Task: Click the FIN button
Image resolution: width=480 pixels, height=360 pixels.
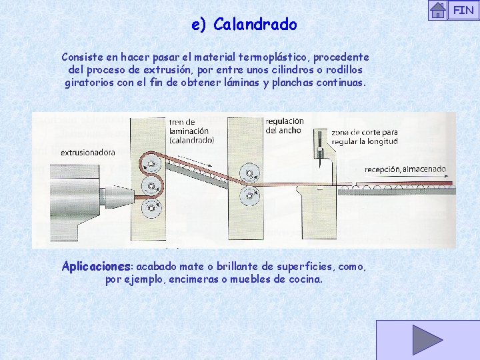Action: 463,10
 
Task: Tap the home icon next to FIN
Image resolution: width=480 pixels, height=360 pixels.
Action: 437,10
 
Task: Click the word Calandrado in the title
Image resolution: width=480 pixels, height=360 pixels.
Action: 255,25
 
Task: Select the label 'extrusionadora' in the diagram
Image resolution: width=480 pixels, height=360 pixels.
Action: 87,153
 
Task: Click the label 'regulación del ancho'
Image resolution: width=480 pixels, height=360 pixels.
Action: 284,125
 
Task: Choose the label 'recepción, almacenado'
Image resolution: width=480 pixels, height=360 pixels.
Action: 405,169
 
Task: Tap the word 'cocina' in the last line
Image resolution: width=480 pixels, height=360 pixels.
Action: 304,279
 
